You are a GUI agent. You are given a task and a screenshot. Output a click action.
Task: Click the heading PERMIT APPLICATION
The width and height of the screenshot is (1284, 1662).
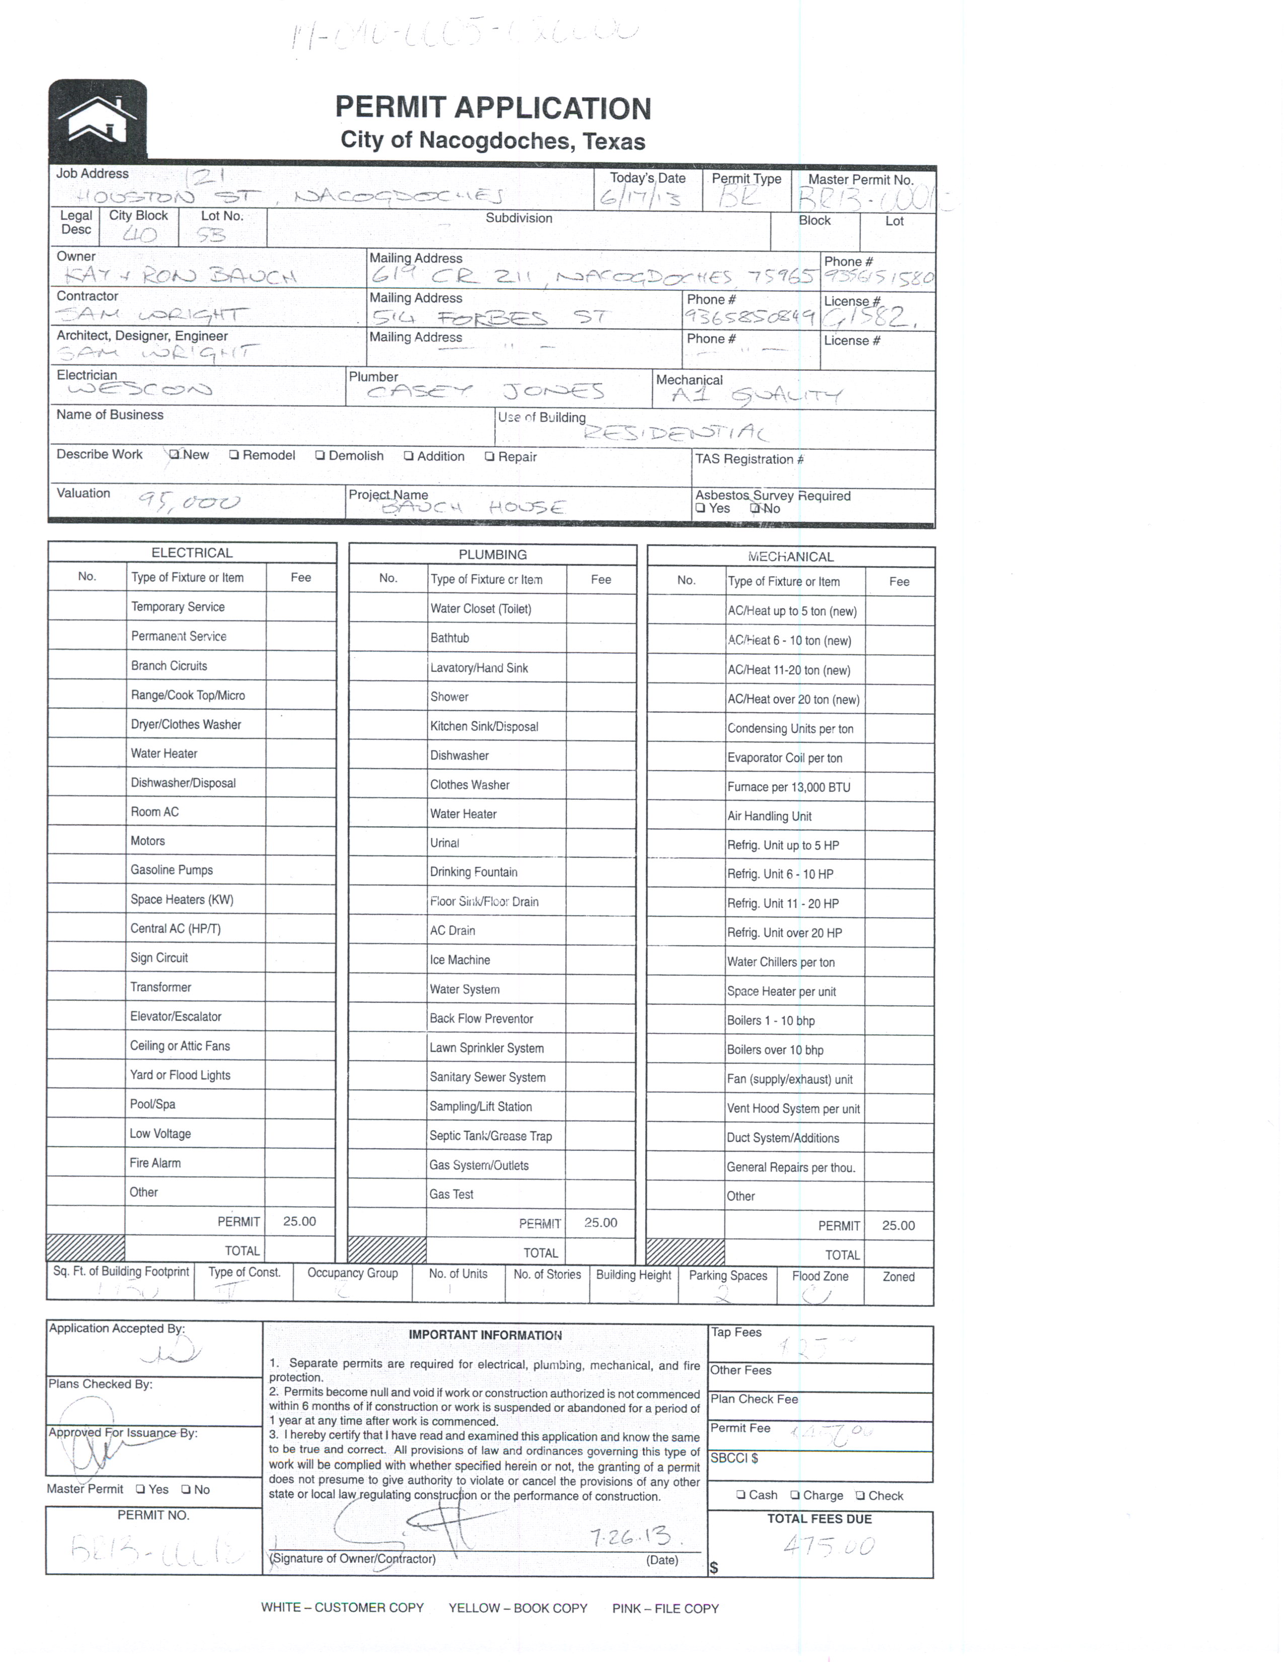click(493, 108)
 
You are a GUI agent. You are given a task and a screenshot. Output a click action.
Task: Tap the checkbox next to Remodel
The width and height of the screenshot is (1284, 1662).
click(234, 455)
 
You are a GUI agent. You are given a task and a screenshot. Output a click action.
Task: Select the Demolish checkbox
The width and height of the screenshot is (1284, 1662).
click(320, 456)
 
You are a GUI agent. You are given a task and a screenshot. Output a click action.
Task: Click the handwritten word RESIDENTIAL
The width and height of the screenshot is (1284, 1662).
click(675, 433)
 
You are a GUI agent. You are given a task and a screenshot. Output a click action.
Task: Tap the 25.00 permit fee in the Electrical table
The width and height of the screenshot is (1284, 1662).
click(300, 1221)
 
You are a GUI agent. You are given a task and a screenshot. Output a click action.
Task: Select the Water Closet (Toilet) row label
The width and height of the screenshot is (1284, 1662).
click(481, 609)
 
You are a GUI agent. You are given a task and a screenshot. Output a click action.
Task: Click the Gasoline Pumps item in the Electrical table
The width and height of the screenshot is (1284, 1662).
click(172, 870)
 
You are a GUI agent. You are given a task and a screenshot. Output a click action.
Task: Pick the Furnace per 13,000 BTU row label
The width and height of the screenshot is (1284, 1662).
click(789, 787)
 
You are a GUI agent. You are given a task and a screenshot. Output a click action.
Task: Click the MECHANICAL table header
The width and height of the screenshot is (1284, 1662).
click(791, 557)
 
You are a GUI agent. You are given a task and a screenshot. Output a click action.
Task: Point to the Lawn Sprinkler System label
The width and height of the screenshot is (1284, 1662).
click(487, 1048)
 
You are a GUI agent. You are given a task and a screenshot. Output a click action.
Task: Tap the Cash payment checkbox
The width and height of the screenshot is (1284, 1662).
click(741, 1495)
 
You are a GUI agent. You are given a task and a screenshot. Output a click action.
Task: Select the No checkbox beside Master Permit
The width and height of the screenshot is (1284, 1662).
click(186, 1489)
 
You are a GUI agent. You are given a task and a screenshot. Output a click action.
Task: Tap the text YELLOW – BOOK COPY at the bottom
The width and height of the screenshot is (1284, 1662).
click(518, 1608)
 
